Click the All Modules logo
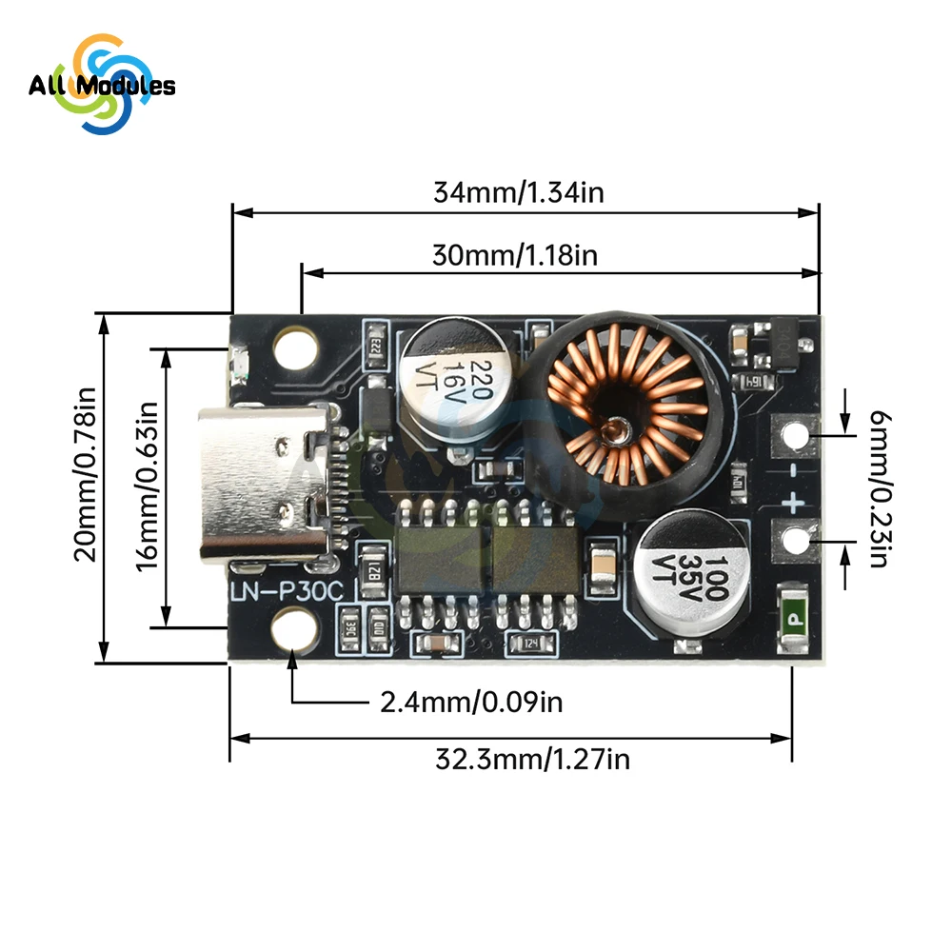pos(101,86)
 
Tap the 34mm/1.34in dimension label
pos(519,192)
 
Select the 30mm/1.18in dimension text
pos(515,255)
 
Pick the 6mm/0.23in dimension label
pos(877,487)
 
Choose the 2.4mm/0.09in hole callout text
pos(471,704)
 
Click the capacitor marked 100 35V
pos(692,571)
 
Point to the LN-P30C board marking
pos(287,592)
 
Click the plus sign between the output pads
pos(792,501)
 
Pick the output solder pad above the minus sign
pos(793,436)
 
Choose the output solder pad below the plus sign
pos(793,543)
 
